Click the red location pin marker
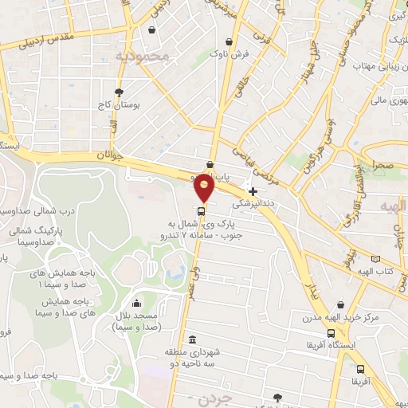204,188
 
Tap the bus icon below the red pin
201,212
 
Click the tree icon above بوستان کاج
119,92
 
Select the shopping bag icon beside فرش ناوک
229,41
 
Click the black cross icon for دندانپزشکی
253,191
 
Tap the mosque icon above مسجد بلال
138,304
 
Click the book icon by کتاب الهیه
376,259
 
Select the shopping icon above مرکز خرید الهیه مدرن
341,304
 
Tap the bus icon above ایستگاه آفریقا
331,333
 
